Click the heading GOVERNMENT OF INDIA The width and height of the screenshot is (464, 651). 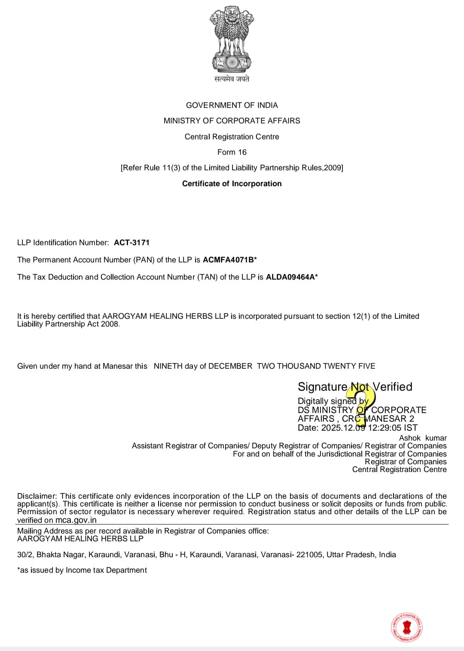coord(232,105)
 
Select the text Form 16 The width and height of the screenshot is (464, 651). coord(232,152)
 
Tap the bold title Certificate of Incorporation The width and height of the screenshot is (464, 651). coord(232,183)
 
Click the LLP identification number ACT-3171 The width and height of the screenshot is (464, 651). coord(131,243)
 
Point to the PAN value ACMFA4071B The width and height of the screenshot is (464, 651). coord(228,260)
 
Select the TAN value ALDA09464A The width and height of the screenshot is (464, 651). coord(290,277)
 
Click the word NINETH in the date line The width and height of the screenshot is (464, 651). coord(168,366)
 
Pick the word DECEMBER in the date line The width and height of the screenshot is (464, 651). coord(230,366)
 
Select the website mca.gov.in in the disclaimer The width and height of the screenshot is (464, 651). coord(76,520)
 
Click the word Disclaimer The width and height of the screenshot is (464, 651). coord(37,496)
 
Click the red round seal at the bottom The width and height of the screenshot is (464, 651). coord(406,627)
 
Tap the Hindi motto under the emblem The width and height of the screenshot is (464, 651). coord(232,79)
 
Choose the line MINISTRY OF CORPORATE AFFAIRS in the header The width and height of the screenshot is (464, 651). coord(232,121)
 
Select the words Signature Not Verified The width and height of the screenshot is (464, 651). coord(355,387)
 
